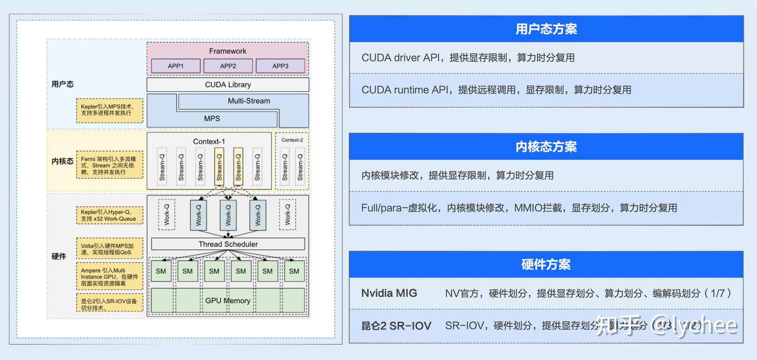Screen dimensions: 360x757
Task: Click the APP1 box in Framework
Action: [x=176, y=66]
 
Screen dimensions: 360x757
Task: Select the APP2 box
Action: [x=228, y=66]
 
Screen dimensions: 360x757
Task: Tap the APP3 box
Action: [x=280, y=66]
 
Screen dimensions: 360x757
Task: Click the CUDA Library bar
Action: [x=228, y=85]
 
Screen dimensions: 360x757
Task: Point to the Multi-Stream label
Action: [x=249, y=101]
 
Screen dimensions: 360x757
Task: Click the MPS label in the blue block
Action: [x=212, y=119]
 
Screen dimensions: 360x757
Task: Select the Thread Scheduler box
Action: [x=228, y=244]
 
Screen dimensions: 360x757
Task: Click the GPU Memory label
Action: [x=228, y=301]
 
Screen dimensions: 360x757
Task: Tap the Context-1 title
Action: [x=209, y=141]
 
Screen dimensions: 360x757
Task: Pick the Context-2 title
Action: [x=292, y=140]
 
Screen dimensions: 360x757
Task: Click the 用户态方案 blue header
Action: [x=546, y=29]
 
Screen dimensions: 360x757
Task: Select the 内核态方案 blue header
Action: [x=546, y=147]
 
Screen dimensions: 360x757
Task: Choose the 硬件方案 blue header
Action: [x=546, y=264]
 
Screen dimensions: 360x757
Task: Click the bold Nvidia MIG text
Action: [x=389, y=293]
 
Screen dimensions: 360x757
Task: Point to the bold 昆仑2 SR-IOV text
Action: [x=396, y=326]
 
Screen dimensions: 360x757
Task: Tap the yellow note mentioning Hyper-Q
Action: [x=109, y=215]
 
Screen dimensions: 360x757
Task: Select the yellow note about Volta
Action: [x=109, y=249]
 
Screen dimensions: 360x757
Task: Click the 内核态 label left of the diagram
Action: [x=63, y=161]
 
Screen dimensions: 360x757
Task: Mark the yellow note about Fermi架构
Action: [x=109, y=165]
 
